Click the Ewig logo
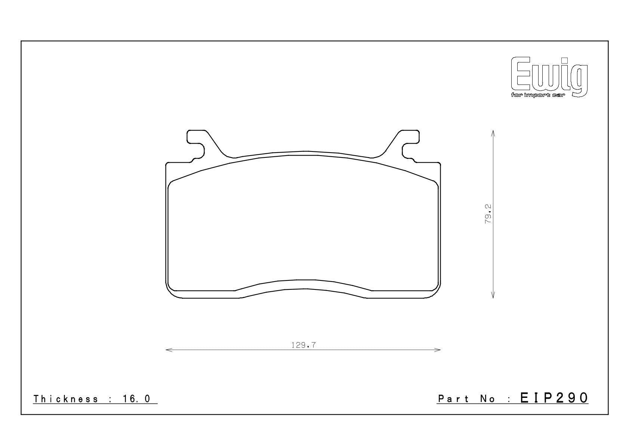tap(549, 77)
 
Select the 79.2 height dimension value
tap(488, 214)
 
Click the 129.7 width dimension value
tap(303, 345)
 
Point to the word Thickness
tap(66, 399)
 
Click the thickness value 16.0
tap(136, 399)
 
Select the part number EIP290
tap(554, 398)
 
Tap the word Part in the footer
tap(453, 399)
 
